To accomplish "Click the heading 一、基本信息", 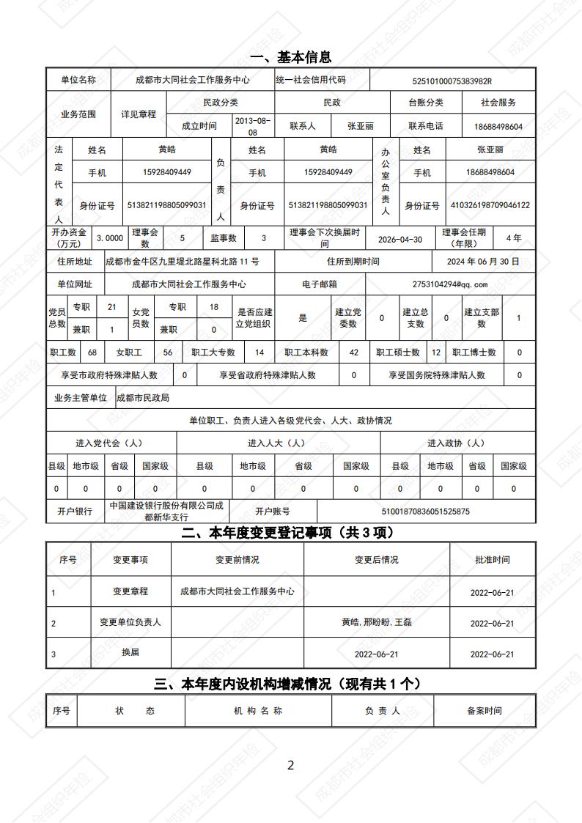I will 290,57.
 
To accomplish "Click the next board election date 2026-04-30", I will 399,239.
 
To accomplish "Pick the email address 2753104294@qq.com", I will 450,284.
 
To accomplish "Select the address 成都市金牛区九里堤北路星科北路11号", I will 182,262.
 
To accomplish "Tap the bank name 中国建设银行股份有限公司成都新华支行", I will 167,511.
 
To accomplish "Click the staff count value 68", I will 92,353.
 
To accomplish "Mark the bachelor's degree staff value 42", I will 354,353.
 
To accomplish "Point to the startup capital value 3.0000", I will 110,238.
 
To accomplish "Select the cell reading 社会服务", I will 498,103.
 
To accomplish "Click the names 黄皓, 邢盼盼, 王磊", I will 377,622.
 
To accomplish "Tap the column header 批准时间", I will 492,560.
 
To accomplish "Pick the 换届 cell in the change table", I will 130,652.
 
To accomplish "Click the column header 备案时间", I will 484,711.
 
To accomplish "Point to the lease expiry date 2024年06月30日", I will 483,262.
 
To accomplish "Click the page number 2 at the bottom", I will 290,765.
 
